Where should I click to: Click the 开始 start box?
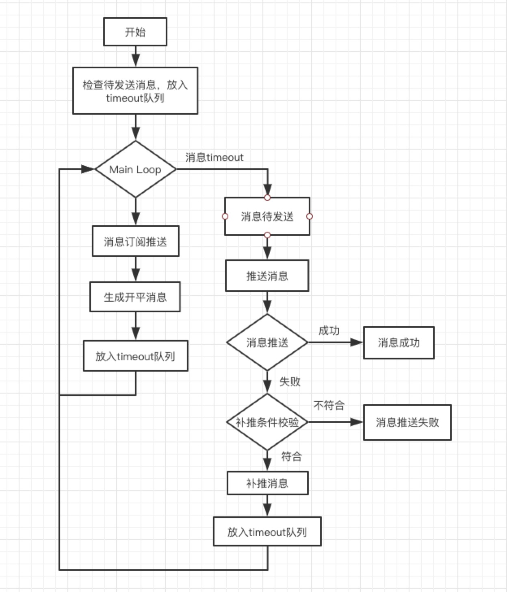click(135, 32)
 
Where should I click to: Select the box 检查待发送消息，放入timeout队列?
click(135, 91)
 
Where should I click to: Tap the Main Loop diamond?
click(135, 169)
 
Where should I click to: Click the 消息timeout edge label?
click(214, 157)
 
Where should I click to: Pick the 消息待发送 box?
click(267, 217)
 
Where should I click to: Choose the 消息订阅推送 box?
click(135, 242)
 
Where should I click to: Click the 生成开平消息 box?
click(135, 297)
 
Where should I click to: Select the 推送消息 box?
click(267, 276)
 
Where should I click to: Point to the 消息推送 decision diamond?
click(267, 342)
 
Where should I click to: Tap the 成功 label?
click(329, 331)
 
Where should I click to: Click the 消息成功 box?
click(399, 343)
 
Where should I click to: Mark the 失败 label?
click(290, 381)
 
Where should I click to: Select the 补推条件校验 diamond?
click(267, 422)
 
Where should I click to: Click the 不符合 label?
click(329, 405)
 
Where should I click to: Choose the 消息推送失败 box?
click(407, 422)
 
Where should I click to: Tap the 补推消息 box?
click(267, 483)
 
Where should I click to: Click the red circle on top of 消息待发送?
click(267, 198)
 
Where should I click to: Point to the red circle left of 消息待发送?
click(225, 217)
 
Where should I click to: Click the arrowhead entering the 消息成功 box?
click(357, 342)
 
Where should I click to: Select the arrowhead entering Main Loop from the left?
click(88, 169)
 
